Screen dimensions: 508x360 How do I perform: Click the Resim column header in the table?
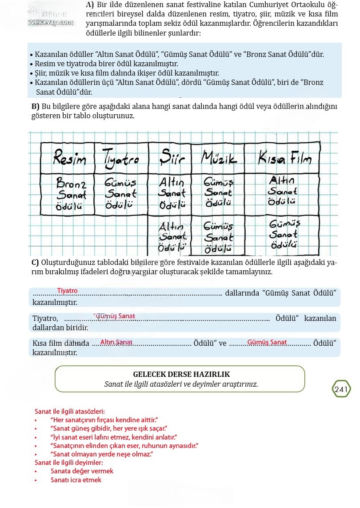(70, 158)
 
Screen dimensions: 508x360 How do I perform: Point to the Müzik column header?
(219, 158)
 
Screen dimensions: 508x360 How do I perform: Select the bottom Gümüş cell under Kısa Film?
(284, 234)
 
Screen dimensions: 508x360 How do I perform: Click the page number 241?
(341, 389)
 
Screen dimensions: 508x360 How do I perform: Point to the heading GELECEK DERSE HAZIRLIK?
(181, 374)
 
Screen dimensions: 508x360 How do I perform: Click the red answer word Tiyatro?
(67, 291)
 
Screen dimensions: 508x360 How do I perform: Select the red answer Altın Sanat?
(116, 342)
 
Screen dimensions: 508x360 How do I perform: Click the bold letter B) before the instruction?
(36, 107)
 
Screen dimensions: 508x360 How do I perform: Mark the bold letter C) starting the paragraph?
(35, 262)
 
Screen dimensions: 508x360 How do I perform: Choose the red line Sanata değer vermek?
(82, 471)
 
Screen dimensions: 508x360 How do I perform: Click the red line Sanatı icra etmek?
(76, 480)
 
